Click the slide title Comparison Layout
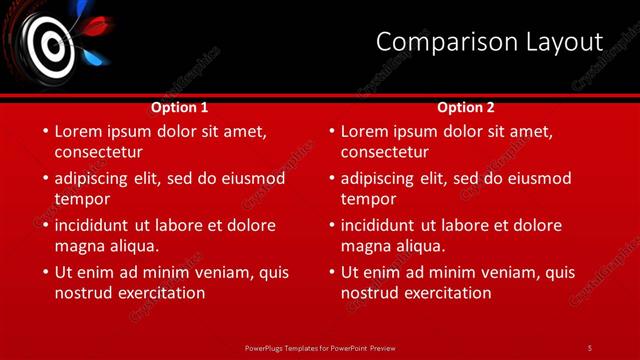pyautogui.click(x=489, y=42)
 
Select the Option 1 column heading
pyautogui.click(x=180, y=107)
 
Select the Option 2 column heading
pyautogui.click(x=466, y=107)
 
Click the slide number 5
pyautogui.click(x=590, y=347)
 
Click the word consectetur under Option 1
pyautogui.click(x=98, y=152)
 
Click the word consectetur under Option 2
pyautogui.click(x=384, y=152)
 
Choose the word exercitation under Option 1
pyautogui.click(x=162, y=292)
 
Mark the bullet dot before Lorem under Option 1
pyautogui.click(x=44, y=131)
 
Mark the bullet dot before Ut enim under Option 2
pyautogui.click(x=330, y=272)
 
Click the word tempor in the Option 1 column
pyautogui.click(x=82, y=199)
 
